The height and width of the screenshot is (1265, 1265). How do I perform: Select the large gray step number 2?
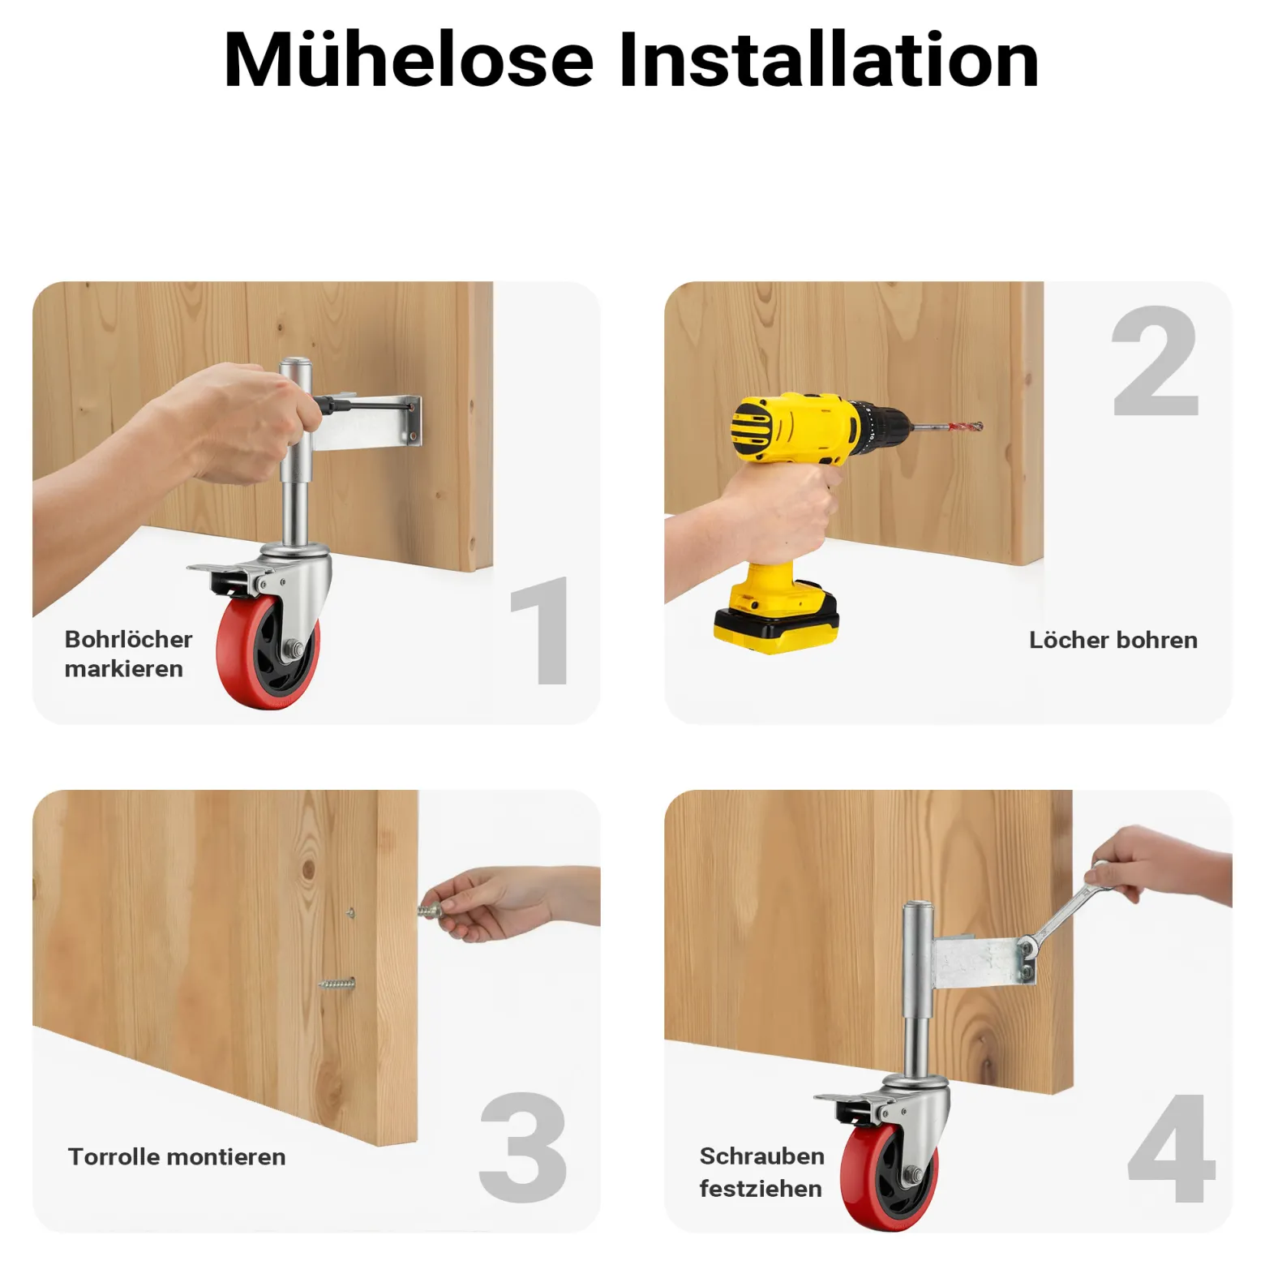coord(1156,361)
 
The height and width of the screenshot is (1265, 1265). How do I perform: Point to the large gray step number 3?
coord(523,1147)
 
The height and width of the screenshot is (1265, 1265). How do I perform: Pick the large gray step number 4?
coord(1171,1147)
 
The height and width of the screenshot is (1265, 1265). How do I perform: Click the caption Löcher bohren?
coord(1113,640)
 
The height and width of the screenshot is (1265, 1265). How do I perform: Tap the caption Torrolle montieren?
coord(177,1156)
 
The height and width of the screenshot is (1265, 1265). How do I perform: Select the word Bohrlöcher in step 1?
coord(128,639)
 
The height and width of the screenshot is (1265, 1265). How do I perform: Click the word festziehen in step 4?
coord(761,1189)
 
